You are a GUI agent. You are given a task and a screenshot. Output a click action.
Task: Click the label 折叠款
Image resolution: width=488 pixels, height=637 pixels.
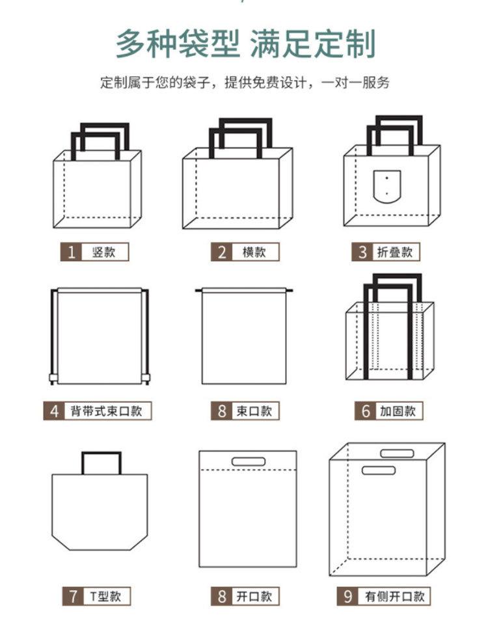[x=395, y=252]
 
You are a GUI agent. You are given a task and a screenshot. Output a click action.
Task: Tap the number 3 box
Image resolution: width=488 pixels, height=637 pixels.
[x=363, y=252]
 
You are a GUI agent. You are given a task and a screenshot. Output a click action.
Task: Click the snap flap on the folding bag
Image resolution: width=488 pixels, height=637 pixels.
[x=386, y=185]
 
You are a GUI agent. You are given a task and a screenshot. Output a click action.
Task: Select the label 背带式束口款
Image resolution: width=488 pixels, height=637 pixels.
[x=107, y=411]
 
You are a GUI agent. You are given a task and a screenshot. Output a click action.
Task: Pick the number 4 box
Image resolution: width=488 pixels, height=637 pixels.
[x=55, y=411]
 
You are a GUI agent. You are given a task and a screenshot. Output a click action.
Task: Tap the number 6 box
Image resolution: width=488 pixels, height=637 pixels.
[x=366, y=411]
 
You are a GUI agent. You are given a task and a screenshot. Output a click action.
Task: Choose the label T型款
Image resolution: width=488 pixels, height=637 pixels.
[x=103, y=595]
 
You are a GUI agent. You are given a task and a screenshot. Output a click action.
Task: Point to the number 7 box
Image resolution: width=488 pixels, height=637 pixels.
[x=72, y=595]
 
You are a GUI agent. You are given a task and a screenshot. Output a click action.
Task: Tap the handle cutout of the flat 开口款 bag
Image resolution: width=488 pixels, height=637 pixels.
[x=249, y=461]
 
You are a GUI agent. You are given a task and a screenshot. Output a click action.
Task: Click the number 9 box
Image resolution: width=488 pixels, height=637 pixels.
[x=348, y=595]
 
